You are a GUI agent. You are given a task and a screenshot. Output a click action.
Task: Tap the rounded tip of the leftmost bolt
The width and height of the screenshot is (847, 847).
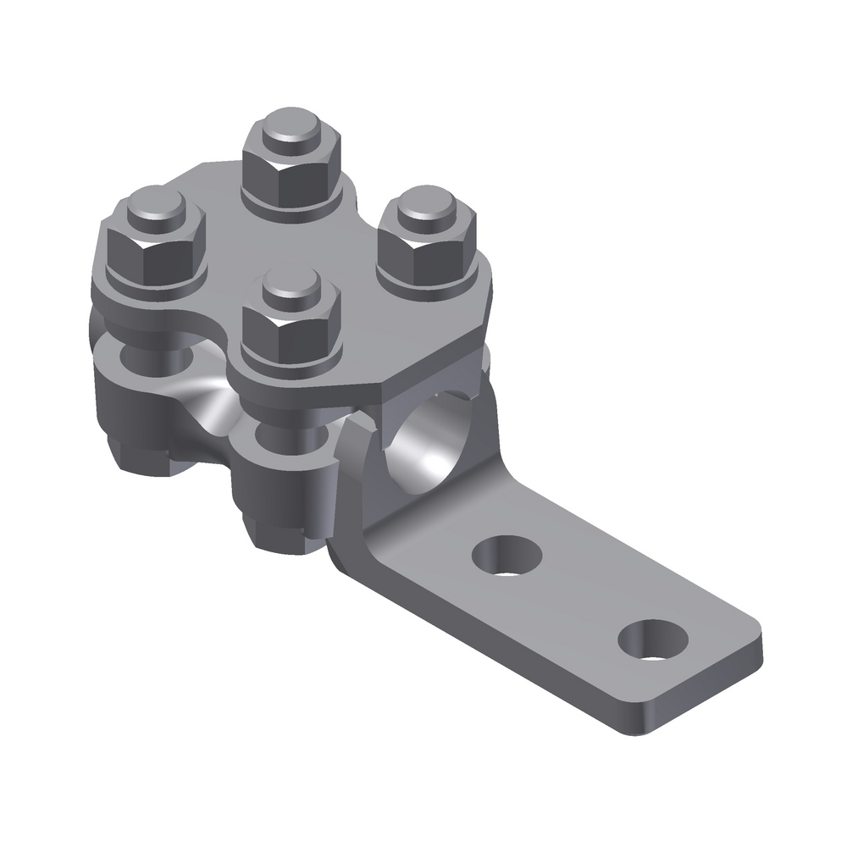155,206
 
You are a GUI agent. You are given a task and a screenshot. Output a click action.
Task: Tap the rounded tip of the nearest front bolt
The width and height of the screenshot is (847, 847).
292,291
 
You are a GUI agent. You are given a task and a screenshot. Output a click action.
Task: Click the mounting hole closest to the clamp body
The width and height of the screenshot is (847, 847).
507,556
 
